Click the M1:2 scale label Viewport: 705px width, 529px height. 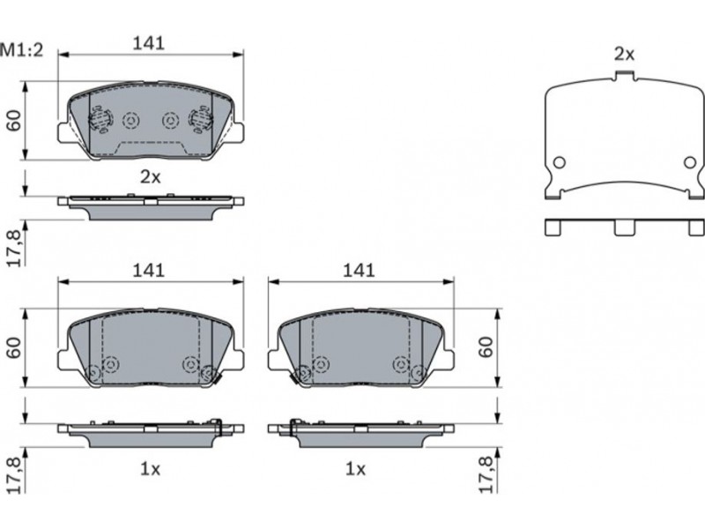coord(21,50)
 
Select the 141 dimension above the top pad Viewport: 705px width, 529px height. coord(149,43)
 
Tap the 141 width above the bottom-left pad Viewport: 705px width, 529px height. coord(149,271)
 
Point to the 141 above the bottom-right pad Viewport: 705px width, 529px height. coord(359,271)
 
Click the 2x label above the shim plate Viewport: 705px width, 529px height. coord(625,55)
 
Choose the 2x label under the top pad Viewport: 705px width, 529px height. coord(150,177)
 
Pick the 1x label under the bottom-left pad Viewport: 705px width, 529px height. coord(150,469)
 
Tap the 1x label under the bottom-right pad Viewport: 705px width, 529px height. coord(355,469)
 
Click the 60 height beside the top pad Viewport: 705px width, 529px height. coord(14,121)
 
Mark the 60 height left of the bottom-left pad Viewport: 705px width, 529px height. coord(14,347)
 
